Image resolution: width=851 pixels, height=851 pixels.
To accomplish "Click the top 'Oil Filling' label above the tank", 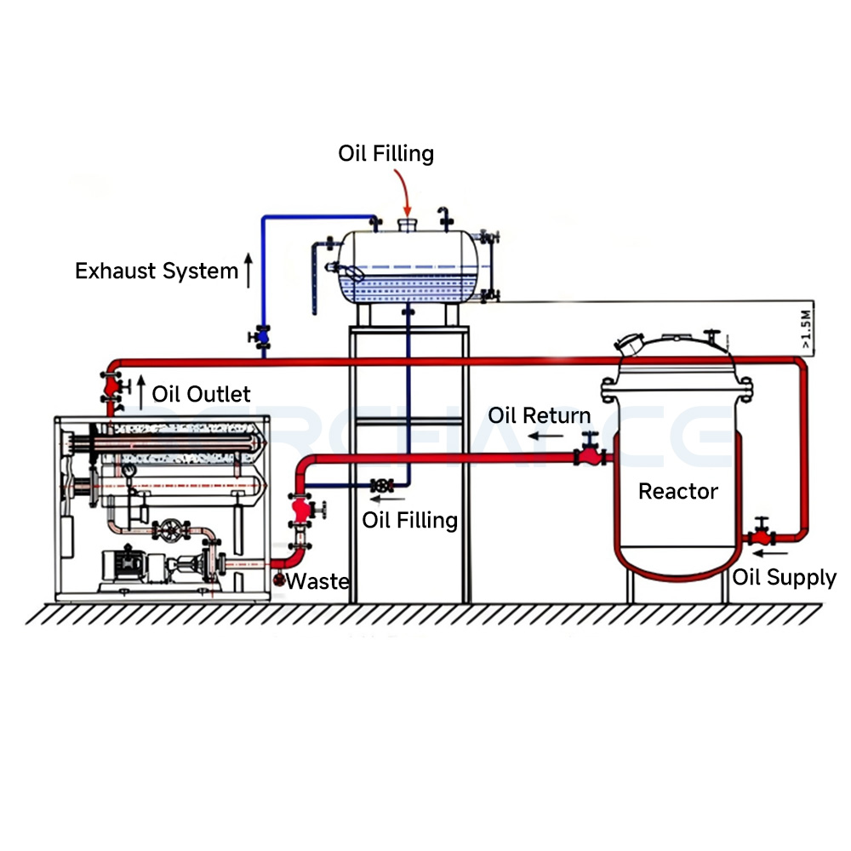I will pyautogui.click(x=386, y=154).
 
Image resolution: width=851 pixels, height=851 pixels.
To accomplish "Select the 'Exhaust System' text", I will pyautogui.click(x=157, y=271).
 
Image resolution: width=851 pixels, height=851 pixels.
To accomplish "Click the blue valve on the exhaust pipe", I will pyautogui.click(x=262, y=337).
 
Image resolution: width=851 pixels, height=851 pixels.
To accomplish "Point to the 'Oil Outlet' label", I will pyautogui.click(x=202, y=394).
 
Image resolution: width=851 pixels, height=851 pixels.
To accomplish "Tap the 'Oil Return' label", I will pyautogui.click(x=539, y=416).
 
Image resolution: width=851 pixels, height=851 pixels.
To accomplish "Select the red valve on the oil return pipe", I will pyautogui.click(x=588, y=454).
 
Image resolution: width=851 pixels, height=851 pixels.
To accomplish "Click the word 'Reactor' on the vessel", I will pyautogui.click(x=677, y=491).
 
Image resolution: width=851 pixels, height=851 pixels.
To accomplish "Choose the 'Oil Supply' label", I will pyautogui.click(x=785, y=578).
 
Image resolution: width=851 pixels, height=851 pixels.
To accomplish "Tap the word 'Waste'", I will pyautogui.click(x=317, y=582).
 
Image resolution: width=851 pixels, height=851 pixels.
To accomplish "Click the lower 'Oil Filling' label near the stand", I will pyautogui.click(x=410, y=520).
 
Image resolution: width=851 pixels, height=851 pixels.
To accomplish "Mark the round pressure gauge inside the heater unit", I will pyautogui.click(x=129, y=469).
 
